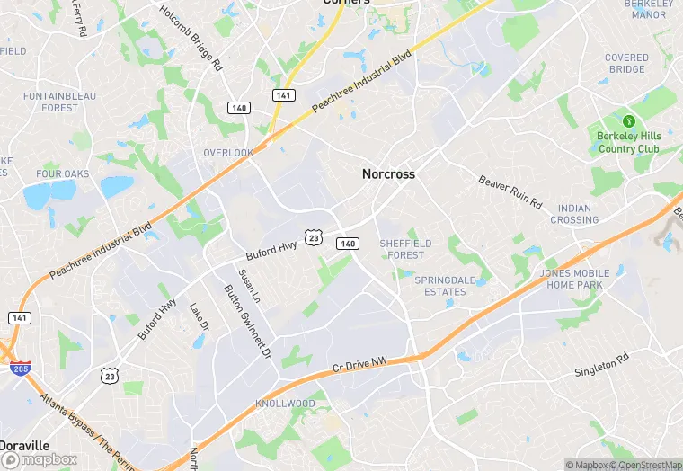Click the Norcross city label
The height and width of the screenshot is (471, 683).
click(388, 173)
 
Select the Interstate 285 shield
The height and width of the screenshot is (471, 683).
click(19, 369)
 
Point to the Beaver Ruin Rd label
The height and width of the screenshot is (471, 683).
click(510, 191)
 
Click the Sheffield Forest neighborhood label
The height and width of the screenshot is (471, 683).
click(405, 249)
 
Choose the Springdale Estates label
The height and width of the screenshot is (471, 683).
click(445, 286)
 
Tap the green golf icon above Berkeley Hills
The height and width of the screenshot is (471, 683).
click(629, 120)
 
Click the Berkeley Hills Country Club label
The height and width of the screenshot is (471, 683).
click(629, 142)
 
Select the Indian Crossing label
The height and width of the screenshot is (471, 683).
click(574, 214)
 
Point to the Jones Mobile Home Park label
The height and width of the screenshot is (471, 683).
click(574, 279)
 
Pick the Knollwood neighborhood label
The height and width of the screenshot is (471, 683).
click(285, 404)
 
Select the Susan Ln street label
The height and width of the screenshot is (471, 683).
click(249, 285)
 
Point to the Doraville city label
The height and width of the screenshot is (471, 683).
click(25, 446)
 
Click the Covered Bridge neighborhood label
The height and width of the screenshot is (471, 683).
click(626, 64)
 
